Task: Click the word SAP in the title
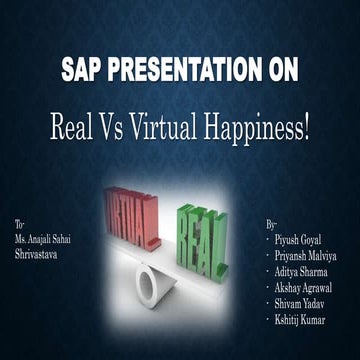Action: click(x=83, y=73)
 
